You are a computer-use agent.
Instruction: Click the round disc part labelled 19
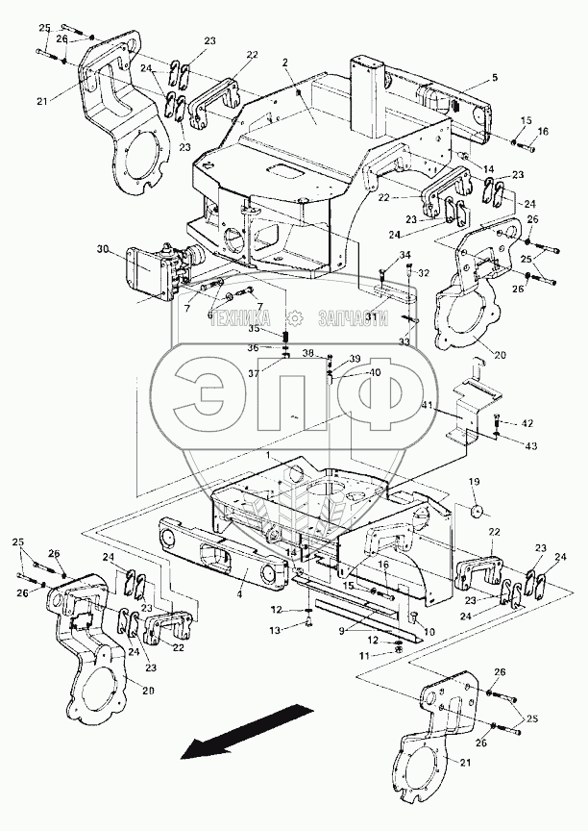(474, 509)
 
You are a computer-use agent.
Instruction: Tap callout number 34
(404, 254)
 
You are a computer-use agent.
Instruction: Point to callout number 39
(355, 358)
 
